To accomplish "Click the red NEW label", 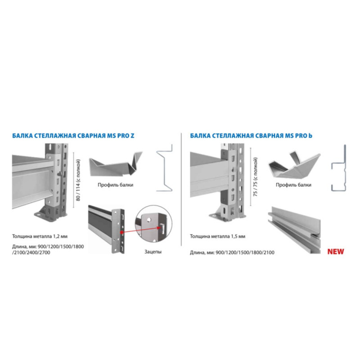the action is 335,252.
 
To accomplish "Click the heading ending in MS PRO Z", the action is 73,136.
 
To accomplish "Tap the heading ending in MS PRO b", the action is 251,136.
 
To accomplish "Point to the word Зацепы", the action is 153,252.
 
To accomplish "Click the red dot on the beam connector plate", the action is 121,232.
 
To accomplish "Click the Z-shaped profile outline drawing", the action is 165,168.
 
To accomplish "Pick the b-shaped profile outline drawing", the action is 339,168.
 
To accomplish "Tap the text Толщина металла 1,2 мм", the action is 40,236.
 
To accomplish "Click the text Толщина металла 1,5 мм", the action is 217,236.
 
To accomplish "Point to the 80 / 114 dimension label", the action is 78,180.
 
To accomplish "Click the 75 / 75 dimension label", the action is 255,177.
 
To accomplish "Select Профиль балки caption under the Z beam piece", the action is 115,185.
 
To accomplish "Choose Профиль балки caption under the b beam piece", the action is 293,185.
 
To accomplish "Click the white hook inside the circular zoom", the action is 162,229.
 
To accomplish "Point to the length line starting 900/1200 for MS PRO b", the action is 232,252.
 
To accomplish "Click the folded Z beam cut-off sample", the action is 116,164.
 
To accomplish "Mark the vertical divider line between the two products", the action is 181,189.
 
